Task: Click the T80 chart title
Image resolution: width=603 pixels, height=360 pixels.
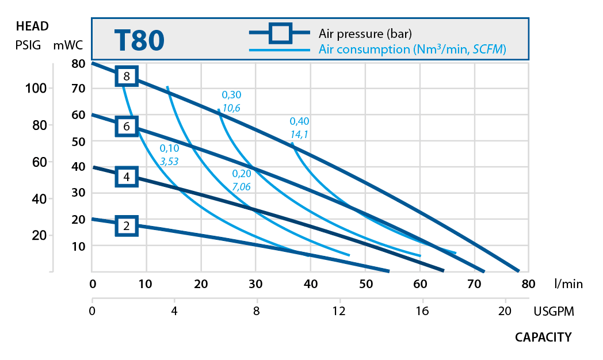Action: pyautogui.click(x=139, y=40)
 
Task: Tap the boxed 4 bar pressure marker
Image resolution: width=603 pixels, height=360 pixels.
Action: pyautogui.click(x=127, y=177)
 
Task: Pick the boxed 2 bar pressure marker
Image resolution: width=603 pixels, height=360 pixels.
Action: pyautogui.click(x=127, y=226)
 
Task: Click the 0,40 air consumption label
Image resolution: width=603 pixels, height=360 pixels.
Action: pyautogui.click(x=299, y=121)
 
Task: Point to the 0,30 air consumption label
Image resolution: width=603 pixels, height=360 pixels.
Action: pyautogui.click(x=232, y=95)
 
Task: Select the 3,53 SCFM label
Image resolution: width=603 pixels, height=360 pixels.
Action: pyautogui.click(x=169, y=162)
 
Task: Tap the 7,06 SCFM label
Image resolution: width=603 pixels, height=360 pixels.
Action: pyautogui.click(x=242, y=187)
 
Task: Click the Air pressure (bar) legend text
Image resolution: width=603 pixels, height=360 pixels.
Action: pyautogui.click(x=365, y=33)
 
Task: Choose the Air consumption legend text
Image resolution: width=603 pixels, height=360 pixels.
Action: pyautogui.click(x=412, y=49)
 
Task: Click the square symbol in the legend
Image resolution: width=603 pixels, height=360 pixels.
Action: pyautogui.click(x=281, y=33)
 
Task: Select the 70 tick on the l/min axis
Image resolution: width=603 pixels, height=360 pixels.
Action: pyautogui.click(x=474, y=284)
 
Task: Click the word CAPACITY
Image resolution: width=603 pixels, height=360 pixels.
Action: pyautogui.click(x=543, y=337)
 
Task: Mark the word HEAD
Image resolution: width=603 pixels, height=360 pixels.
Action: pyautogui.click(x=32, y=26)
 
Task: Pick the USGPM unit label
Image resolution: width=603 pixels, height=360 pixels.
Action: pyautogui.click(x=554, y=311)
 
